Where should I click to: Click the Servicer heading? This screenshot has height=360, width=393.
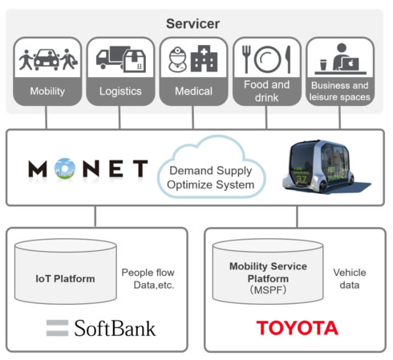(x=192, y=24)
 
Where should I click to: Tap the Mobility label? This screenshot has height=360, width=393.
(x=47, y=91)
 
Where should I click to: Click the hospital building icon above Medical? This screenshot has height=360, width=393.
(x=204, y=59)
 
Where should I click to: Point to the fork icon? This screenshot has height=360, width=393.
(x=246, y=59)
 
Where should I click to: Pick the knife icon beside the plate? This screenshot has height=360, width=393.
(x=288, y=59)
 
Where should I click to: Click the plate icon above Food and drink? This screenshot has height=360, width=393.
(x=268, y=59)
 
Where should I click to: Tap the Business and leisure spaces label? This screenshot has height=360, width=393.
(x=339, y=91)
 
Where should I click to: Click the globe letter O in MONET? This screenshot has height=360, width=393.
(x=65, y=168)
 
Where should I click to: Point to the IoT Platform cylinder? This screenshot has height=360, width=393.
(x=66, y=271)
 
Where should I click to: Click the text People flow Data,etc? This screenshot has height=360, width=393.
(x=148, y=279)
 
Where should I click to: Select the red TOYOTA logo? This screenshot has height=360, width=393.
(x=298, y=328)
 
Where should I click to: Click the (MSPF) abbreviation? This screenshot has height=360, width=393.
(x=268, y=289)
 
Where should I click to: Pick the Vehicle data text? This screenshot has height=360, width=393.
(x=350, y=279)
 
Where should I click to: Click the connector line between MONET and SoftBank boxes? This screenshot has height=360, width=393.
(x=95, y=216)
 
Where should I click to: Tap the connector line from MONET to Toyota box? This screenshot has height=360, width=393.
(x=297, y=216)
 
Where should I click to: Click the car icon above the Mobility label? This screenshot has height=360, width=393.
(x=47, y=59)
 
